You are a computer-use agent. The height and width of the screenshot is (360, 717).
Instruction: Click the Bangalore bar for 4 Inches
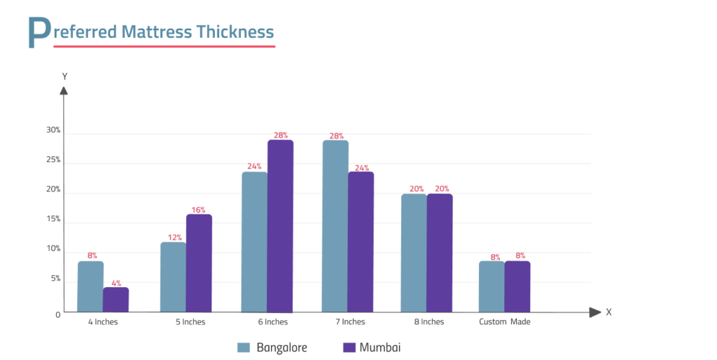pos(90,286)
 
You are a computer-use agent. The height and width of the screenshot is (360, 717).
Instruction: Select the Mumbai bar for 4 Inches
pos(116,300)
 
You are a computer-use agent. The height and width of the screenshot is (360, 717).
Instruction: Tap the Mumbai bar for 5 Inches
pos(199,263)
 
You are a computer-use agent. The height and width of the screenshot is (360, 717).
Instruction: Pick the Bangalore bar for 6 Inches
pos(254,242)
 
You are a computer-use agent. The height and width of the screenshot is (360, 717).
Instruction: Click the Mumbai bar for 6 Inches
pos(280,226)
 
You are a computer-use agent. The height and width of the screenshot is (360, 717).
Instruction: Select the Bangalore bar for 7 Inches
pos(335,226)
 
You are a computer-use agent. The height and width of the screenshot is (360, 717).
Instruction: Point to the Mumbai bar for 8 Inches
pos(440,253)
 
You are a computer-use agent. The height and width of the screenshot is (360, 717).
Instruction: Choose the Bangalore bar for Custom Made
pos(492,286)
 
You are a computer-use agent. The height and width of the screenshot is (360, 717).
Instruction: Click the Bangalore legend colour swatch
pos(244,347)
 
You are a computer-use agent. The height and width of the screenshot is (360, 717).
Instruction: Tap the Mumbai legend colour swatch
pos(349,347)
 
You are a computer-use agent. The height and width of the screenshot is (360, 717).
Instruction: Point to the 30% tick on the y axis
pos(53,130)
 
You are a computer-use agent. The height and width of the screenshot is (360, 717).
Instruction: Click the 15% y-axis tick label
pos(53,219)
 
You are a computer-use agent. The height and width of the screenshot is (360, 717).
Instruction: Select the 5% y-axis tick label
pos(55,279)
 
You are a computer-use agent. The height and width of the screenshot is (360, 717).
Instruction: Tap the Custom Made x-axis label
pos(504,322)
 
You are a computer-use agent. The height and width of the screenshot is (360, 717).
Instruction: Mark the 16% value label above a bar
pos(198,209)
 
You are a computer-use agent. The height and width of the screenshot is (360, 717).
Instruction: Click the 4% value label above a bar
pos(116,283)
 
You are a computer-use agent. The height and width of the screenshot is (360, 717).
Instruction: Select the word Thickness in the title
pos(235,32)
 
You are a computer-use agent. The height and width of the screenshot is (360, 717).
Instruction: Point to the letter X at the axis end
pos(608,312)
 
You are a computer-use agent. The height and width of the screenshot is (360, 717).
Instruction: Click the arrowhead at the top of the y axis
pos(64,90)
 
